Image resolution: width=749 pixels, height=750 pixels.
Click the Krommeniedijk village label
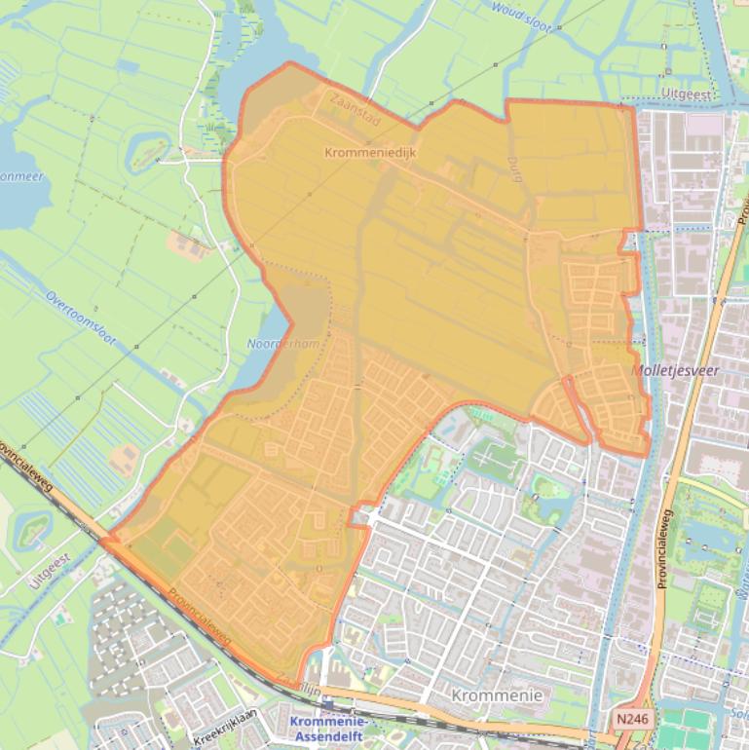[x=369, y=153]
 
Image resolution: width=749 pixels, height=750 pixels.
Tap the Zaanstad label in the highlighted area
[x=354, y=108]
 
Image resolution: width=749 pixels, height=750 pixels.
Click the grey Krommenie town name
[x=497, y=694]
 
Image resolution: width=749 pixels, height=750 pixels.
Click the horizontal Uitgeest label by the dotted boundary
[x=687, y=94]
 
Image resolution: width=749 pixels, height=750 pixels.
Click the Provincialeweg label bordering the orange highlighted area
[x=199, y=617]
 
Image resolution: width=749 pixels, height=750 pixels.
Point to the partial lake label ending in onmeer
[x=17, y=177]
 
